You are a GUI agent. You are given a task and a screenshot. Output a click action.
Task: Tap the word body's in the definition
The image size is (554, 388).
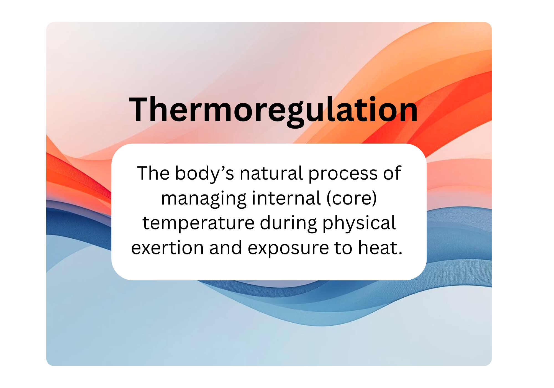pyautogui.click(x=205, y=173)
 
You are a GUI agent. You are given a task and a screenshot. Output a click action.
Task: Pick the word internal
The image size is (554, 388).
pyautogui.click(x=286, y=198)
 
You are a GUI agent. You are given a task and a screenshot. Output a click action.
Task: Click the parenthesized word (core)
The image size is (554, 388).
pyautogui.click(x=352, y=199)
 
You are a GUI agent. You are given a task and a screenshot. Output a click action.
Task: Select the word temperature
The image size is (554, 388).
pyautogui.click(x=198, y=223)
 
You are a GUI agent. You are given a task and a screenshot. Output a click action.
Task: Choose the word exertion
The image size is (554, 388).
pyautogui.click(x=167, y=248)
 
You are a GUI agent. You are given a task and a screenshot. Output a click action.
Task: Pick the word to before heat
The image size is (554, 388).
pyautogui.click(x=343, y=248)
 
